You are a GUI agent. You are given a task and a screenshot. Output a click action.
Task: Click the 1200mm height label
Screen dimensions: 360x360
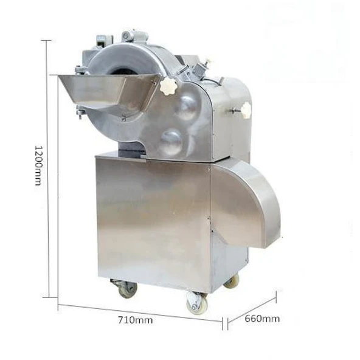(38, 165)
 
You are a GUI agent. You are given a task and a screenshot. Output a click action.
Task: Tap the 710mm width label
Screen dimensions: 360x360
(135, 320)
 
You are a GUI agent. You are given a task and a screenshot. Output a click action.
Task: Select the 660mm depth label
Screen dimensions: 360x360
(262, 319)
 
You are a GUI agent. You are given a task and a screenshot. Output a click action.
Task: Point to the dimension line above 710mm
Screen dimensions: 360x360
(140, 313)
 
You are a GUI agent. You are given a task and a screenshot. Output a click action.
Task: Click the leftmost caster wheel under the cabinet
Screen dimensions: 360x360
(127, 289)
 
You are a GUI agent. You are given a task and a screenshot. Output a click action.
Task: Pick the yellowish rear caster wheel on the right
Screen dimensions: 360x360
(232, 282)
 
